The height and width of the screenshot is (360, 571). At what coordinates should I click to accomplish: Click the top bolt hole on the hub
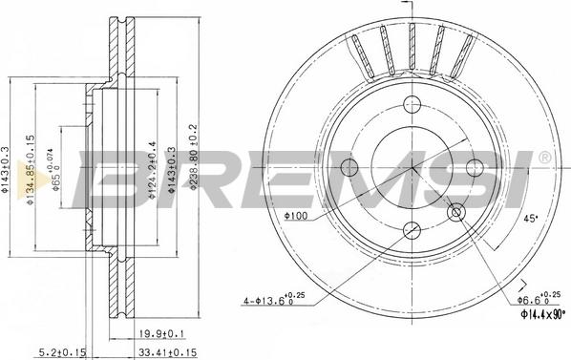tap(413, 105)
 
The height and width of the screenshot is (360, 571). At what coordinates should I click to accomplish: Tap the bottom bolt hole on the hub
tap(413, 229)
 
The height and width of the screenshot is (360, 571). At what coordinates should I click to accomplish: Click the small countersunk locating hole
tap(455, 211)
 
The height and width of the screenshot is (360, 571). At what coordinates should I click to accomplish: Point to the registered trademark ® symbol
tap(543, 156)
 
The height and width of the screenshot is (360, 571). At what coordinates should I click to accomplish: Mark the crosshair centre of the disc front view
tap(413, 167)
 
